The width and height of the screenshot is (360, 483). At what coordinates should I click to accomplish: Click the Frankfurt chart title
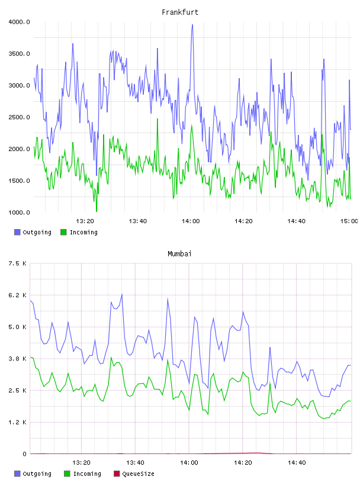tap(180, 12)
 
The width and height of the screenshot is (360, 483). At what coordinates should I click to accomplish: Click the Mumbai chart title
tap(179, 254)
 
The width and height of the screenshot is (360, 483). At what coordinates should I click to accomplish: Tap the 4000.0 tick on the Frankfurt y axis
tap(19, 22)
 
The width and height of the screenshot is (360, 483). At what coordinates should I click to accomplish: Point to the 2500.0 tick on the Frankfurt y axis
tap(19, 117)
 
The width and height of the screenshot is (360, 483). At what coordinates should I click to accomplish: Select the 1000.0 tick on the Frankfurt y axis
tap(19, 212)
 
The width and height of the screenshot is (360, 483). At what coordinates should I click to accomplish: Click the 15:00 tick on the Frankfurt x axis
tap(349, 221)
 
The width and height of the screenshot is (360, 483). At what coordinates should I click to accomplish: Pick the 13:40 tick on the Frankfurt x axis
tap(138, 221)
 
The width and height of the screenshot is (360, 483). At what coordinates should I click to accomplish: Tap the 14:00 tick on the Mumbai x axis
tap(189, 462)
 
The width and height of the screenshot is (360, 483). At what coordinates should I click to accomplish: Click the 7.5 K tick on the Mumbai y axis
tap(17, 263)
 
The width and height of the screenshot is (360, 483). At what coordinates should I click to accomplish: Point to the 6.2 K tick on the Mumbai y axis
tap(17, 295)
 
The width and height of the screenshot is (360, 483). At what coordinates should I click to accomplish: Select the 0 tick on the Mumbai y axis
tap(24, 454)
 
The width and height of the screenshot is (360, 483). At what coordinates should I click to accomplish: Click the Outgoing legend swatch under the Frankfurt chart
tap(17, 232)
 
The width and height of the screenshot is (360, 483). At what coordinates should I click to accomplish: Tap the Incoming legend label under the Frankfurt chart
tap(83, 232)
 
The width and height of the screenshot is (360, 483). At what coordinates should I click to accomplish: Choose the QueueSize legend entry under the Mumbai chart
tap(134, 474)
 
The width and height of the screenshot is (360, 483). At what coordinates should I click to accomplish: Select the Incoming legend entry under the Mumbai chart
tap(82, 474)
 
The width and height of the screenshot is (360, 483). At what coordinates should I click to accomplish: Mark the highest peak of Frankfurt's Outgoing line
tap(192, 25)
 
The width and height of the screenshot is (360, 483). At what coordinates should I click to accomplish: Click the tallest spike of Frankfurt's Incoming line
tap(157, 119)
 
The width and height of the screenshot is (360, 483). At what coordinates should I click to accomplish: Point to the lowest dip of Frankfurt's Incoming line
tap(97, 211)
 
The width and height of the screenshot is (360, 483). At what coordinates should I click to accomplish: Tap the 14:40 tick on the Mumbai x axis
tap(297, 462)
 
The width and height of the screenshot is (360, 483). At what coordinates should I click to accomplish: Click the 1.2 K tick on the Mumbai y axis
tap(17, 422)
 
